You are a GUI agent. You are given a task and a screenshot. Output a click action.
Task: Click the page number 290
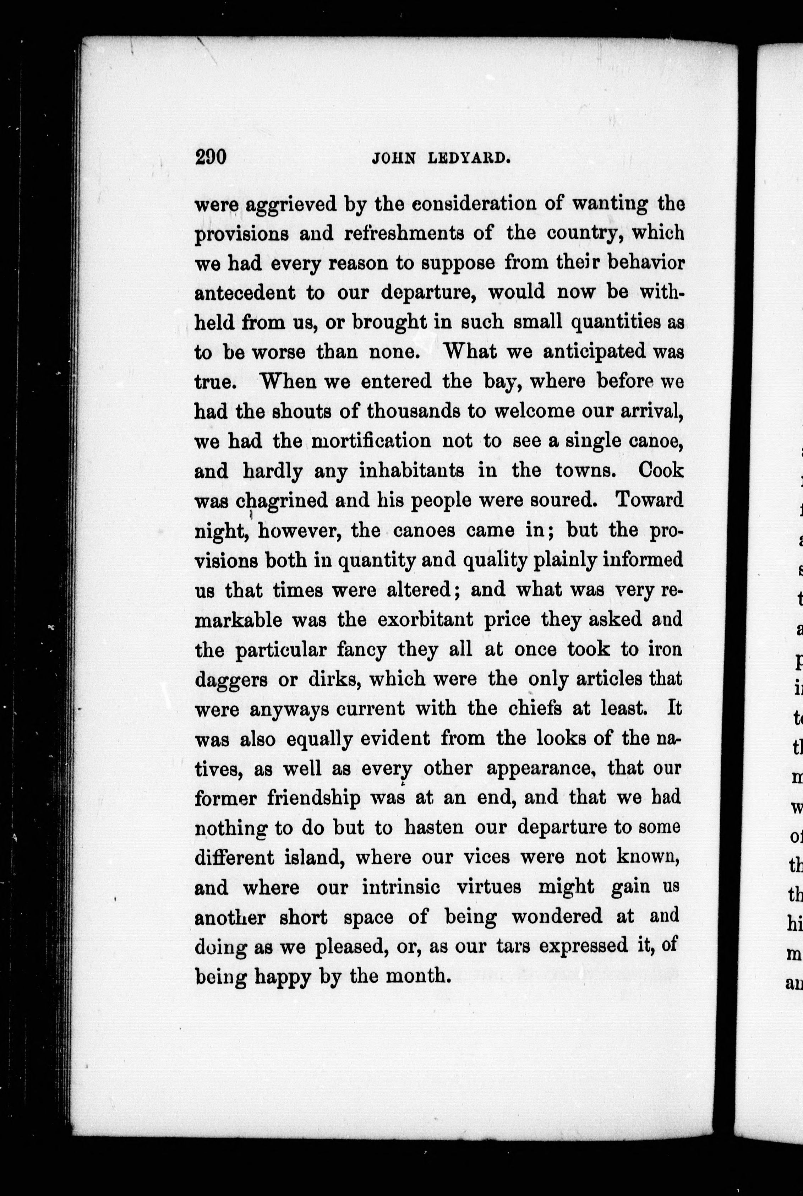click(211, 157)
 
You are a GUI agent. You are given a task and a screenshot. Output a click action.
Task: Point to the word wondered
click(557, 917)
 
